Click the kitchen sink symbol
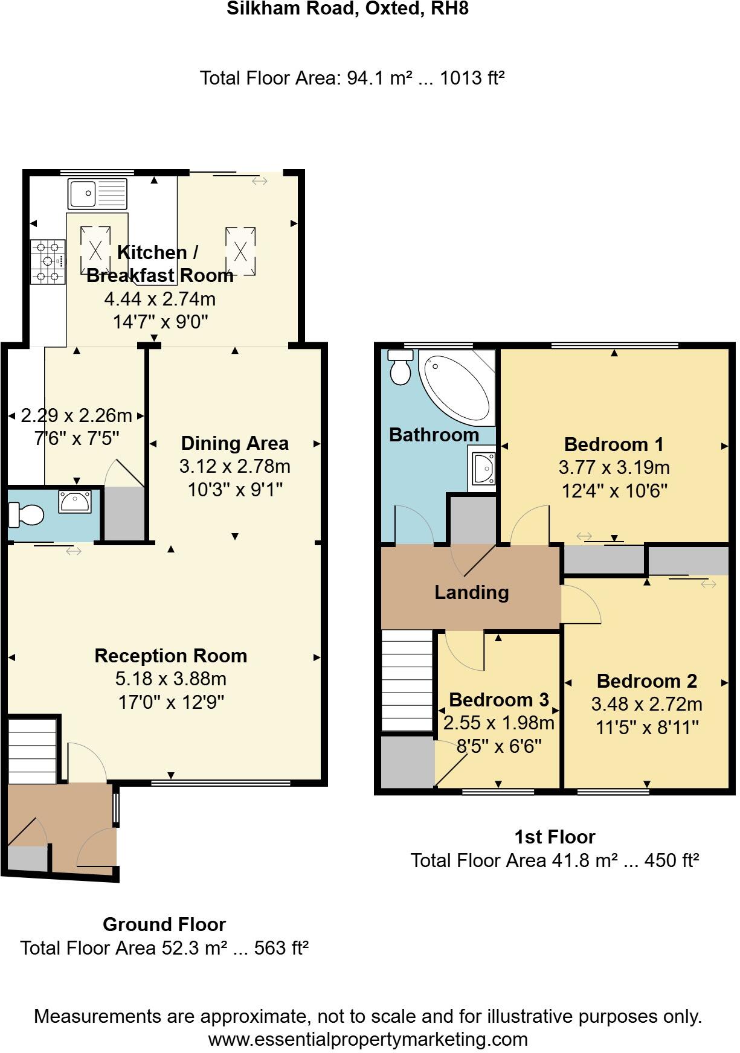[x=98, y=193]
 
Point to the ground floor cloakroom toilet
[x=26, y=515]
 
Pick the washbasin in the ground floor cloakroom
[x=75, y=501]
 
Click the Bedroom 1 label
[x=614, y=444]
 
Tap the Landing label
[x=472, y=592]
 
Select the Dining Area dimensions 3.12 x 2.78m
[x=234, y=466]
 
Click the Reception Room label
[x=171, y=656]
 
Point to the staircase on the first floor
[x=407, y=680]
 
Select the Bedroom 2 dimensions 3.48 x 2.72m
[x=646, y=704]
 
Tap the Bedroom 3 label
[x=499, y=700]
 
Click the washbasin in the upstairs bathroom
[x=482, y=467]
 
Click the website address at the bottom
[x=368, y=1039]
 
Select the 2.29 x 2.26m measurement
[x=76, y=415]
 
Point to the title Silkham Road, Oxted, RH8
[x=347, y=8]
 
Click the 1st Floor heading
[x=555, y=837]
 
